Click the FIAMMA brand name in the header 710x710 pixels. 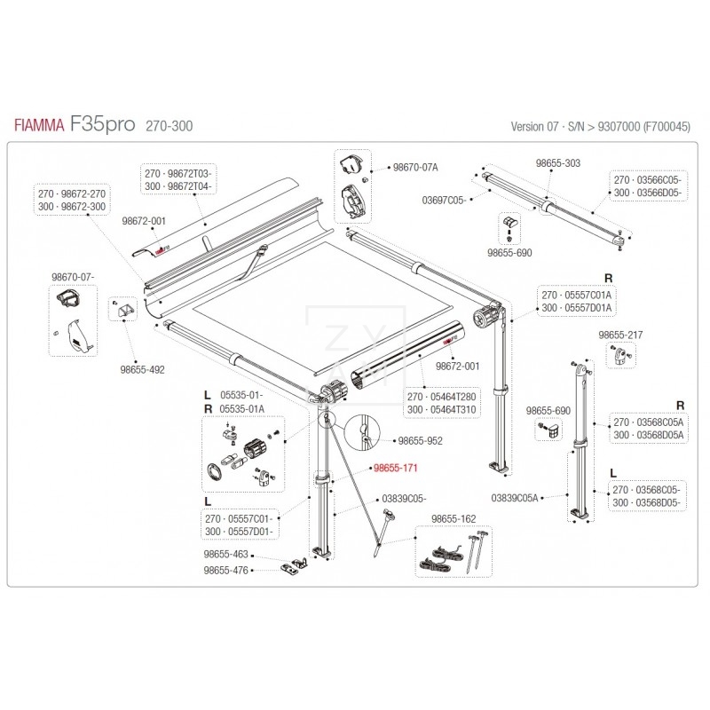38,126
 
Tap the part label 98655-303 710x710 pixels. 558,163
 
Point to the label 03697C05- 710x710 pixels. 442,200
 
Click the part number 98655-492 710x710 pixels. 142,368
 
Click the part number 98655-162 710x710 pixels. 453,518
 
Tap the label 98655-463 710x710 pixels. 226,554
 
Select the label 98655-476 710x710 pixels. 226,571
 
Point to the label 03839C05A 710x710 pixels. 515,498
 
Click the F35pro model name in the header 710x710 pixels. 103,124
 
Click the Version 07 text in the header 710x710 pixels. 530,127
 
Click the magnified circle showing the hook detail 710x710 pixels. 364,431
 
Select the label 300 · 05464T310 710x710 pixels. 441,410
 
